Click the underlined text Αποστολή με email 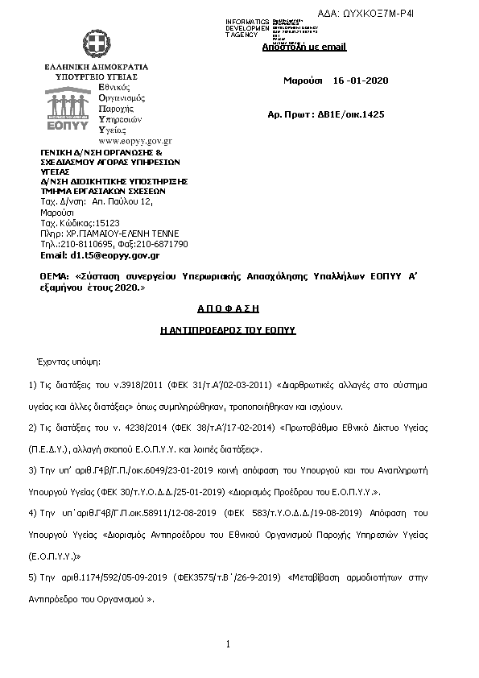tap(304, 47)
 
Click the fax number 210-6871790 tap(163, 244)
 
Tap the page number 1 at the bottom tap(229, 643)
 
